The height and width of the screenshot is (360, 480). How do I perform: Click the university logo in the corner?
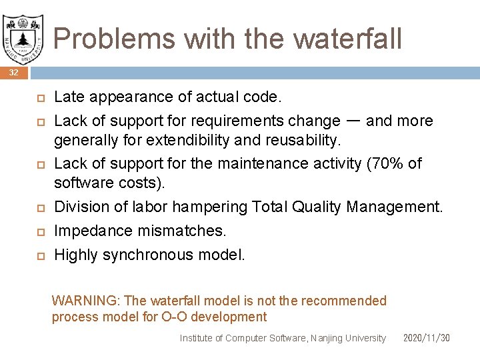pyautogui.click(x=23, y=35)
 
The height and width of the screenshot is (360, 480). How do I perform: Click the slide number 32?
pyautogui.click(x=14, y=72)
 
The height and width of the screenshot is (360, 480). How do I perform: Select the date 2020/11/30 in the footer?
pyautogui.click(x=427, y=338)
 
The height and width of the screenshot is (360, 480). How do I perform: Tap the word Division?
pyautogui.click(x=79, y=207)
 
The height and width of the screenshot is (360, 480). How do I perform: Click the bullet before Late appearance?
pyautogui.click(x=39, y=98)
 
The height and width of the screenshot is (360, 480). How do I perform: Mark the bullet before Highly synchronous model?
pyautogui.click(x=39, y=255)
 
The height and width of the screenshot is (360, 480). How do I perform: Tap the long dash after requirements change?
pyautogui.click(x=354, y=121)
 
